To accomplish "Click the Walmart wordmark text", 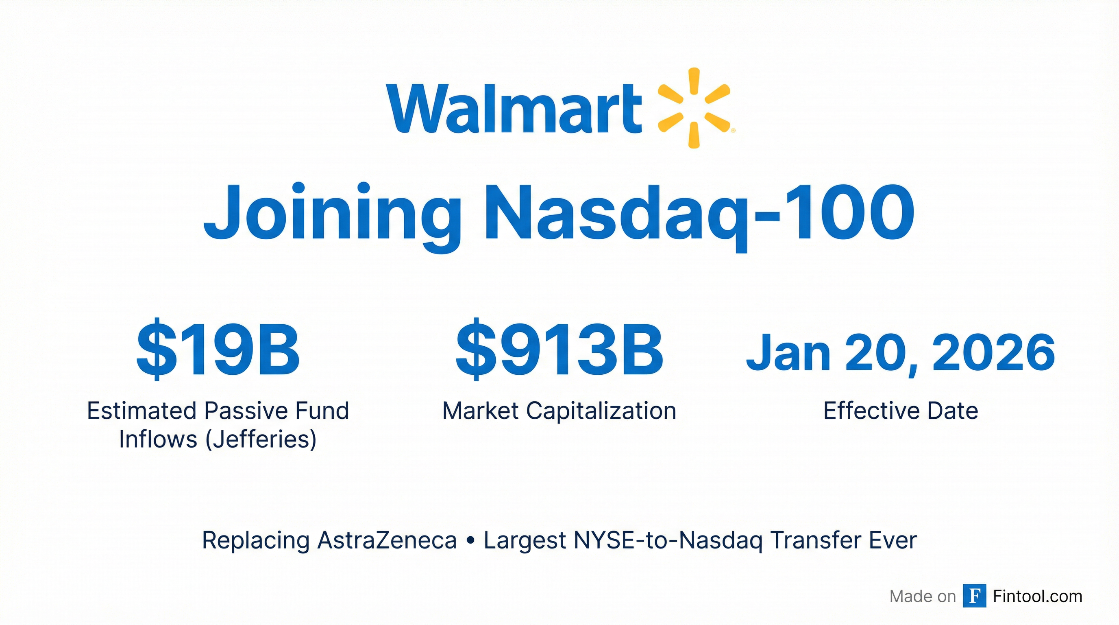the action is pos(514,108).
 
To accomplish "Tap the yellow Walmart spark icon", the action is pos(694,108).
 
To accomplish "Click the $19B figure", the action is pos(218,350).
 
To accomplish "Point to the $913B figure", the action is pos(559,350).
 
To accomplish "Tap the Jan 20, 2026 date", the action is pos(901,352).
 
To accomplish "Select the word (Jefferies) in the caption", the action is pos(261,440).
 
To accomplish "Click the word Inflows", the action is pos(158,439).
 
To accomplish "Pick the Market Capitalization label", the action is pos(559,411).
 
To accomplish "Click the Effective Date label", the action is pos(901,411).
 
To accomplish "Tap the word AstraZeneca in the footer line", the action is pos(387,540).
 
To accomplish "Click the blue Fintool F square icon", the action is pos(974,596).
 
